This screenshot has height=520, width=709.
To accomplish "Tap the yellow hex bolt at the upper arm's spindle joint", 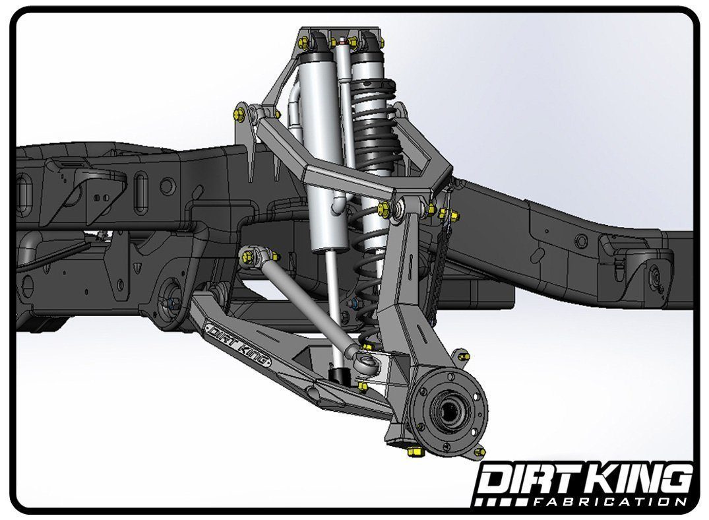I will pyautogui.click(x=384, y=210).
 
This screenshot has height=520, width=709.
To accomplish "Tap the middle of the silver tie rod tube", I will pyautogui.click(x=303, y=304).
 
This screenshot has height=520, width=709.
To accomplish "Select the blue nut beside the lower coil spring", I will pyautogui.click(x=354, y=304).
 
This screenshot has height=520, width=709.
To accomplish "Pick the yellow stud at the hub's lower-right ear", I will pyautogui.click(x=479, y=452).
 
